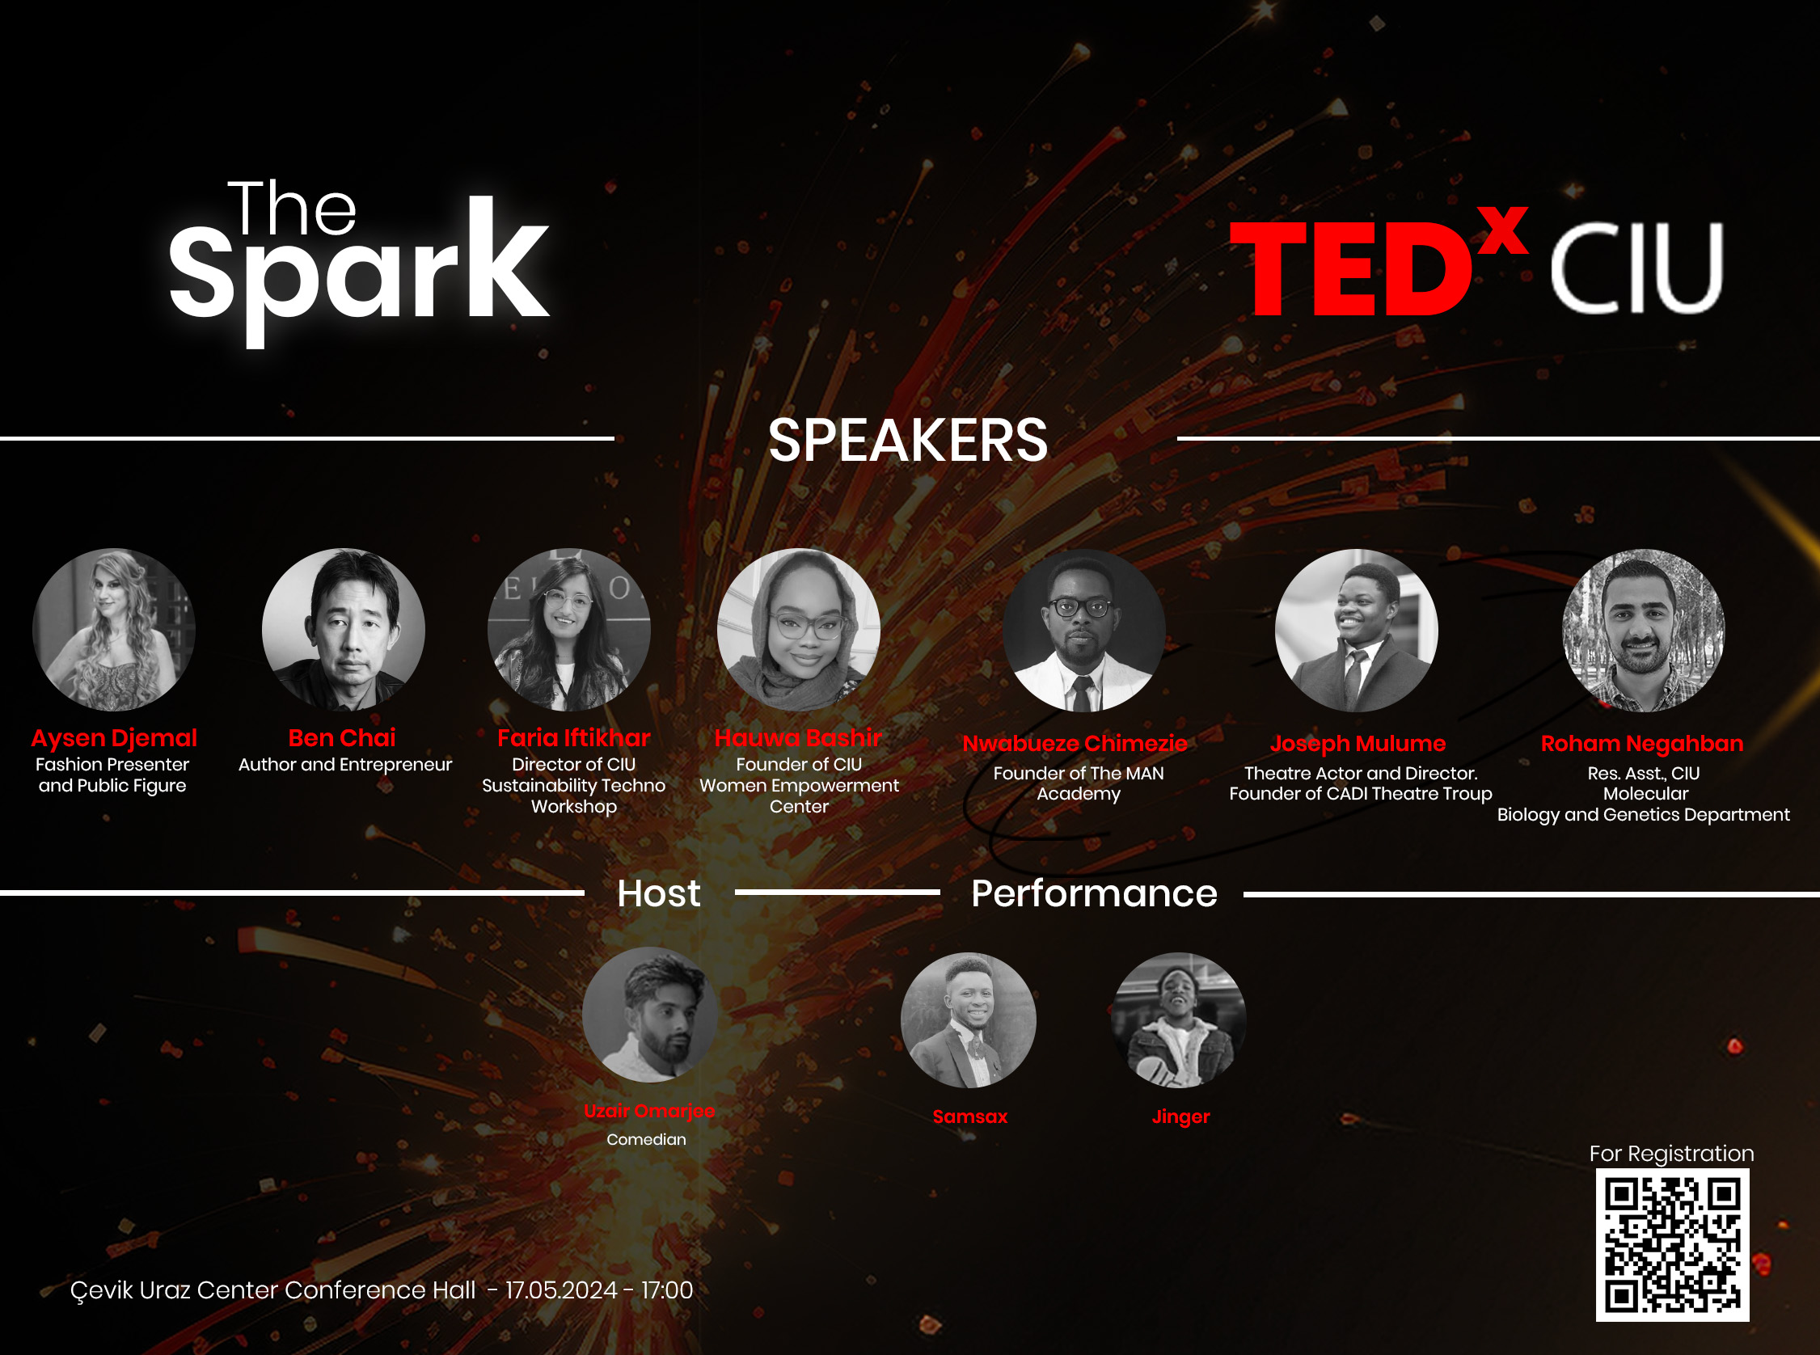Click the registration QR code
(x=1671, y=1244)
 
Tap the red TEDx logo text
(x=1378, y=267)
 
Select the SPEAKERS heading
(x=907, y=441)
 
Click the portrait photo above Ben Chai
(x=343, y=629)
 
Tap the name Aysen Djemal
(x=114, y=737)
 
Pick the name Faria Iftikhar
(x=573, y=737)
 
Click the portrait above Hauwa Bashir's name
(x=798, y=629)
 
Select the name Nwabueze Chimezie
(x=1075, y=743)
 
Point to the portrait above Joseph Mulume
(x=1356, y=629)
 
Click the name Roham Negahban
(x=1641, y=743)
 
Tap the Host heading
(x=659, y=893)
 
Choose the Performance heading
(x=1093, y=893)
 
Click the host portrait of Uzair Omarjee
(x=649, y=1015)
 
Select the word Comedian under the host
(x=646, y=1139)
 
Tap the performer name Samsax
(x=969, y=1117)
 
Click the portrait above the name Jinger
(x=1179, y=1019)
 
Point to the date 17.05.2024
(x=561, y=1290)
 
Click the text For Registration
(x=1670, y=1153)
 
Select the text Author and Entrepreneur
(x=344, y=765)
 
